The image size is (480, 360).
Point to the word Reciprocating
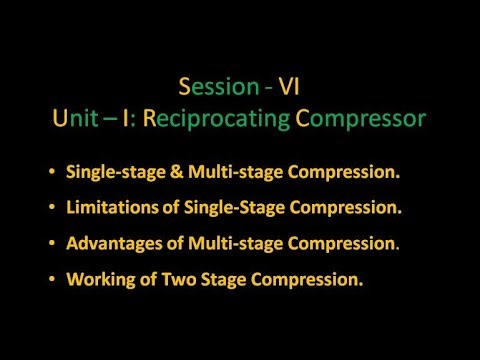pos(220,118)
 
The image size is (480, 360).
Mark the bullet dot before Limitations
pos(50,208)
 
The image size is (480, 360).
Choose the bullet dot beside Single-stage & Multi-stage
pos(50,172)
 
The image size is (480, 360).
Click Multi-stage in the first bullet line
pos(213,172)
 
